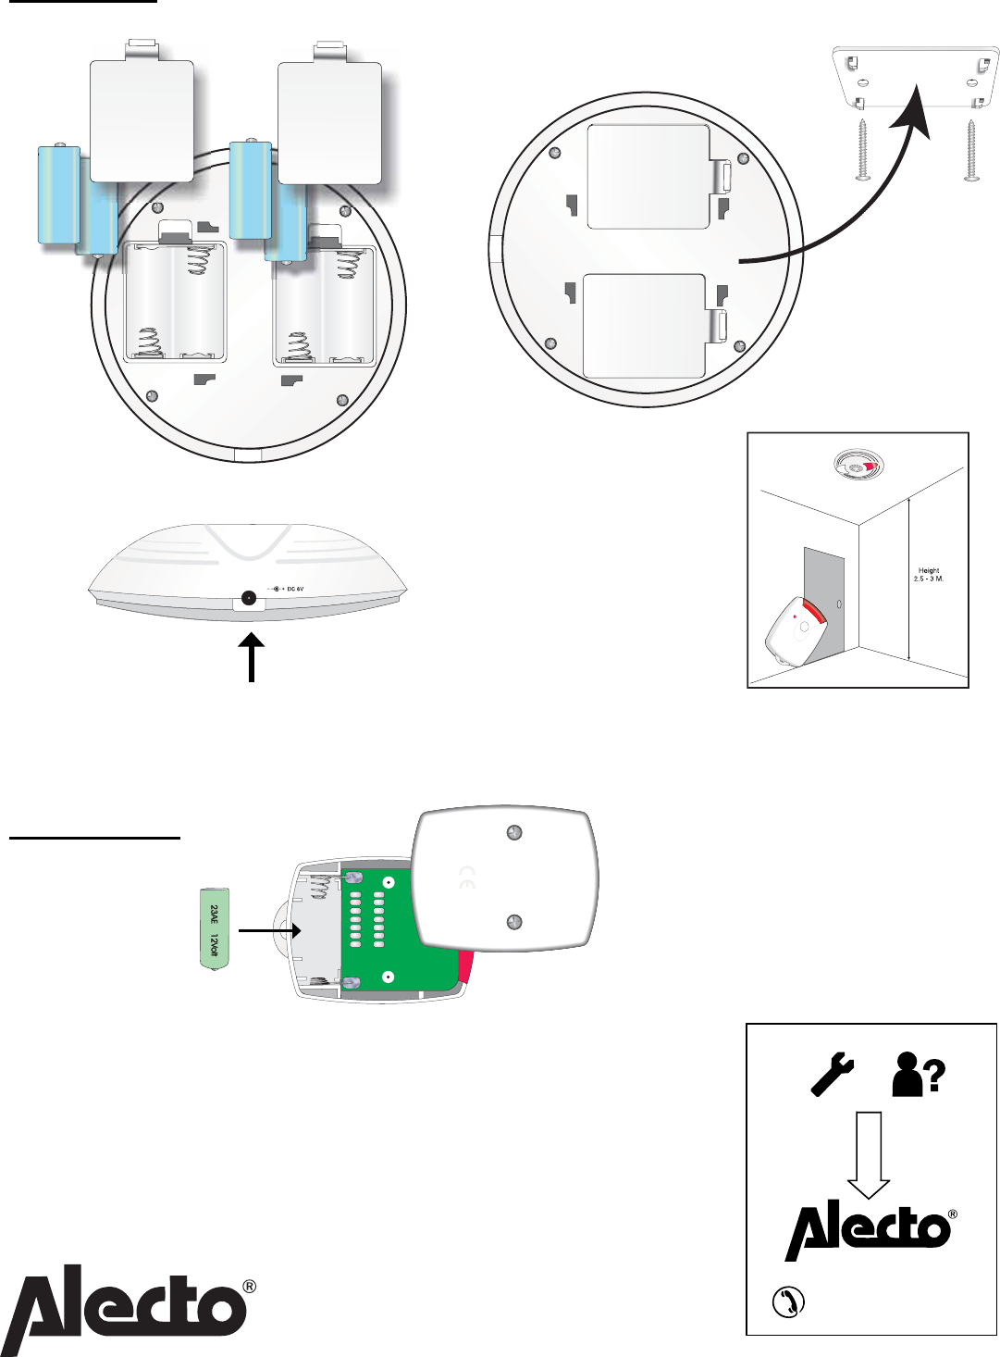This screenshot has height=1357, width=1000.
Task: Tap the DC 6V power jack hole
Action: point(249,599)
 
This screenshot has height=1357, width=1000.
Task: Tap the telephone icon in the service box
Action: point(789,1298)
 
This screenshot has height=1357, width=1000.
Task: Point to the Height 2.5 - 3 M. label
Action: point(929,574)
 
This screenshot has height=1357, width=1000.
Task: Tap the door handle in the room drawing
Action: point(840,604)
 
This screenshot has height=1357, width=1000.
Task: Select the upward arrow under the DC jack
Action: point(251,656)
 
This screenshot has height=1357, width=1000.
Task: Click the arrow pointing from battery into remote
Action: point(269,931)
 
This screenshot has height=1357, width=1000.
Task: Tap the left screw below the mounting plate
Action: point(862,150)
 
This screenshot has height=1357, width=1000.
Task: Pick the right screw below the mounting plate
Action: point(972,150)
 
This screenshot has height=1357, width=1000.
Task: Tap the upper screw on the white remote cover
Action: point(512,833)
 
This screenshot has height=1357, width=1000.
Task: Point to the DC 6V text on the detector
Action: point(295,588)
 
